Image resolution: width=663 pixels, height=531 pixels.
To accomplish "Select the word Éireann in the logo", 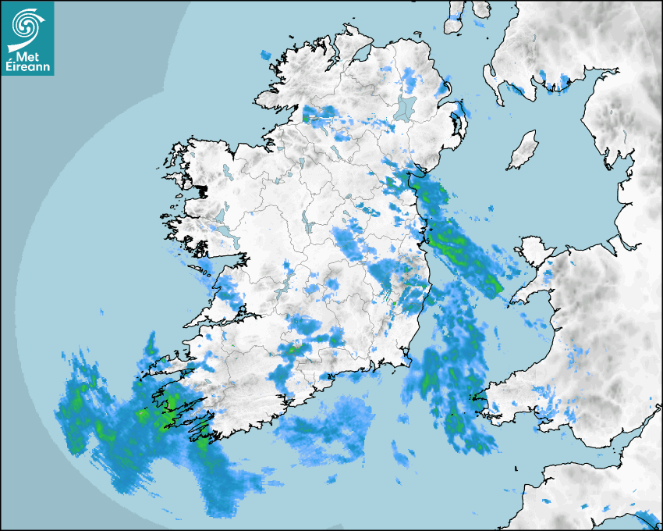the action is tap(28, 67).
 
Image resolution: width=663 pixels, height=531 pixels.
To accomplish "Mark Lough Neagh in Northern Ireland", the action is tap(406, 108).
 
